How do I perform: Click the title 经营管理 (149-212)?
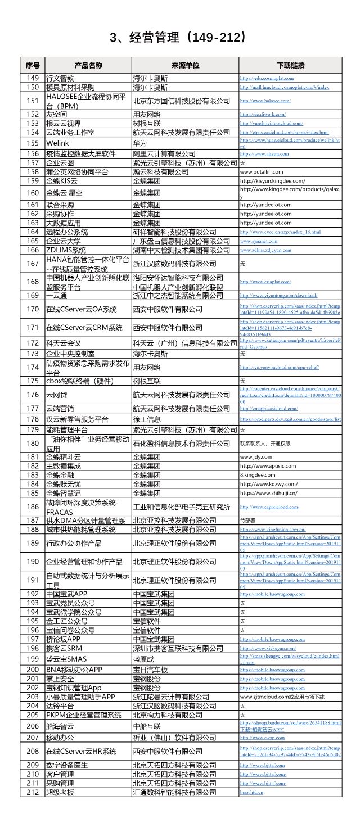point(179,38)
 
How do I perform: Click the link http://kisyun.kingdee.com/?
point(273,181)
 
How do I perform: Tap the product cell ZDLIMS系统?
point(66,250)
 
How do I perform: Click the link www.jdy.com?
point(256,457)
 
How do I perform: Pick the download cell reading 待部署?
point(248,521)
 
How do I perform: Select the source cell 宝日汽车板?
point(150,670)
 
